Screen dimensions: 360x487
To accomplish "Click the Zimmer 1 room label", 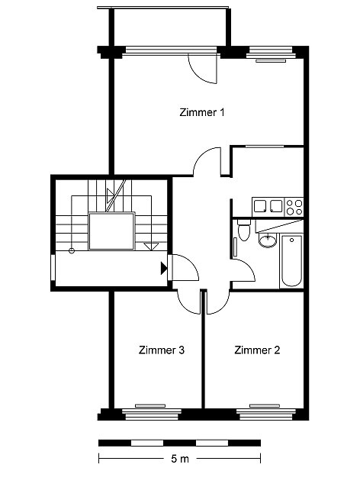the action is coord(201,112).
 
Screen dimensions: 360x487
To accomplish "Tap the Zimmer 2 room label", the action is coord(257,350).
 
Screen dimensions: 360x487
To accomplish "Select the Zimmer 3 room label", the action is coord(162,350).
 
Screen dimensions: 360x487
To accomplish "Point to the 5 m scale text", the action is coord(180,459).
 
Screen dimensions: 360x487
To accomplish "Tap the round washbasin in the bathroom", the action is coord(268,240).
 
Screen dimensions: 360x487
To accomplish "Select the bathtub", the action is coord(291,261).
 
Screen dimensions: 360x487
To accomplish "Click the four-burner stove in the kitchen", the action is coord(294,207).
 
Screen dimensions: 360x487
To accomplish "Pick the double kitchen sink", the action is coord(268,206).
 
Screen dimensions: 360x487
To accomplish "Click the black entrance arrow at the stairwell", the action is coord(164,269).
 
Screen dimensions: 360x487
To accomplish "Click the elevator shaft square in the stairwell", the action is coord(111,231).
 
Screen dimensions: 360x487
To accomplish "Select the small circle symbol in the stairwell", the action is coord(72,250).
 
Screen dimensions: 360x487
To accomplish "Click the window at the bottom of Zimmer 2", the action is coord(265,414).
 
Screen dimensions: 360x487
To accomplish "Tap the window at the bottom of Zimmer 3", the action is coord(151,414).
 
